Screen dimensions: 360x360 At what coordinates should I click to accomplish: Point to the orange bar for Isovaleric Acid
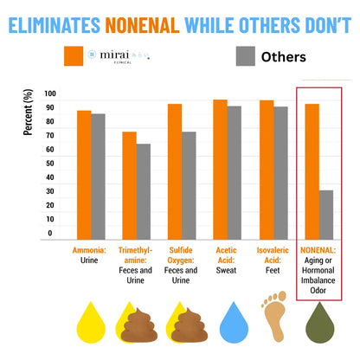(266, 170)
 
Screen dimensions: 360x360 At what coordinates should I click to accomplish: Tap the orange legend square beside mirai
(77, 56)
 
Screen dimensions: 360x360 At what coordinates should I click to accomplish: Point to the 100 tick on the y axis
(48, 94)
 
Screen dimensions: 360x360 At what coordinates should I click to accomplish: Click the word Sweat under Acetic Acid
(228, 270)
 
